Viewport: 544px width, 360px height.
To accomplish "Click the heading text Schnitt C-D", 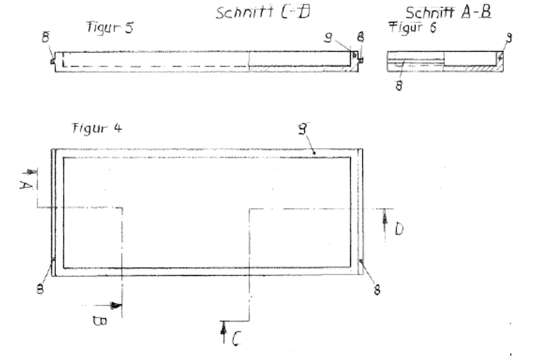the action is [263, 13].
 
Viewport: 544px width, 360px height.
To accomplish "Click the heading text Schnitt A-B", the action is [448, 13].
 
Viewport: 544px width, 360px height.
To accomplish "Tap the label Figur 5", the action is [110, 28].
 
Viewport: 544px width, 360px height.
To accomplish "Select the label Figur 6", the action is [413, 28].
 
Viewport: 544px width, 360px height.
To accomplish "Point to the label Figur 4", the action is [97, 128].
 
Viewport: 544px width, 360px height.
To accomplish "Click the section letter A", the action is [26, 186].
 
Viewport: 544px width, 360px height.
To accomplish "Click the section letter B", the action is [100, 321].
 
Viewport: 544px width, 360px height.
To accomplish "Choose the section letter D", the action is [399, 229].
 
